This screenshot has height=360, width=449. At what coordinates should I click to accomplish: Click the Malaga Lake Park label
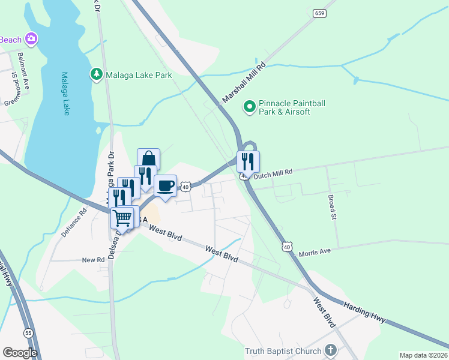coord(139,75)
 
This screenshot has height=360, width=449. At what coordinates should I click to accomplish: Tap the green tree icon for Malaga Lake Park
coord(95,74)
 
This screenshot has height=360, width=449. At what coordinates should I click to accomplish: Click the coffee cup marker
coord(165,186)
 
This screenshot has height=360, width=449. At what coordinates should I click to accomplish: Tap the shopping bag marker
coord(148,160)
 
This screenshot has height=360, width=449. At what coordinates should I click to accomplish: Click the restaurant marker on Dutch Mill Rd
coord(247,161)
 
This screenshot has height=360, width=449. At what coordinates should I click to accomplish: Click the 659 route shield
coord(319,13)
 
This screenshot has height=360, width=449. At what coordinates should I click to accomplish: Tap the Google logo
coord(20,352)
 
